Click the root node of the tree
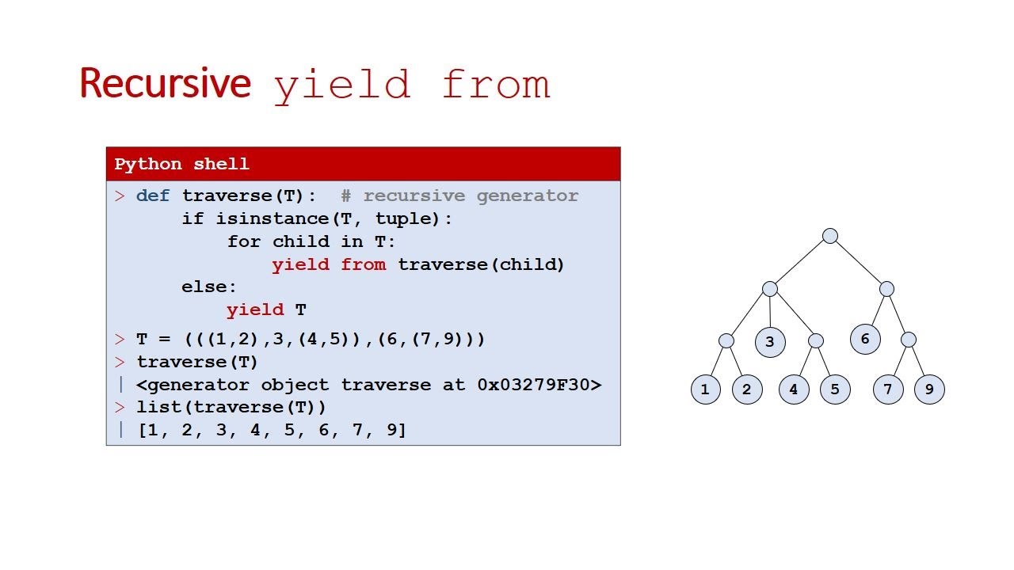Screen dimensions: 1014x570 [x=829, y=236]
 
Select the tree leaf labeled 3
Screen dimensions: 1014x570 [x=770, y=342]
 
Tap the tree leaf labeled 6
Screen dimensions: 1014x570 [x=865, y=339]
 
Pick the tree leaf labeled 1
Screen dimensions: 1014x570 [x=706, y=389]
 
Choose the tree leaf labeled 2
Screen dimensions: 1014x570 [x=747, y=389]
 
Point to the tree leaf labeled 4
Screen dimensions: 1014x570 [x=794, y=389]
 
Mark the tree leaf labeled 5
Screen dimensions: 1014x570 [x=835, y=389]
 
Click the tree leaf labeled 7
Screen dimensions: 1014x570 [x=888, y=389]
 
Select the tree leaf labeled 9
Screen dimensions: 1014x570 [x=929, y=389]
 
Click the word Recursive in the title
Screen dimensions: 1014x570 [x=166, y=83]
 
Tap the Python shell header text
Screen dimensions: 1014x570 [x=181, y=164]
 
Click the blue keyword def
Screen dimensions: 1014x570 [x=153, y=196]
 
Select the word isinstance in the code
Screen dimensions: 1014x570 [x=273, y=218]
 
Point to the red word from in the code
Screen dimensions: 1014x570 [x=364, y=264]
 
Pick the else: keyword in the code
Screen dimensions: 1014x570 [x=208, y=287]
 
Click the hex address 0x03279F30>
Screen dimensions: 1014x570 [x=539, y=385]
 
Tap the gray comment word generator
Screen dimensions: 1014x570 [x=528, y=196]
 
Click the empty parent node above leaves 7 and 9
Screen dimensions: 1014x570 [x=909, y=340]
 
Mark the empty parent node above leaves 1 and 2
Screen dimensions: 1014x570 [x=726, y=340]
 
